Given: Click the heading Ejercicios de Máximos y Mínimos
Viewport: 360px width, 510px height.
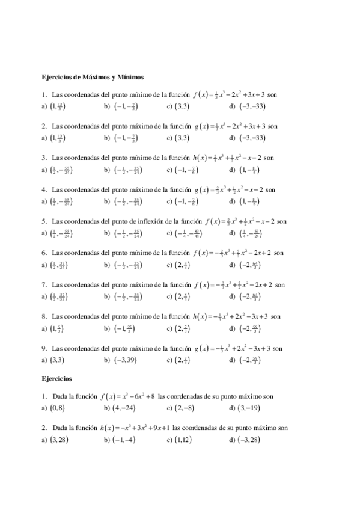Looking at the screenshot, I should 92,77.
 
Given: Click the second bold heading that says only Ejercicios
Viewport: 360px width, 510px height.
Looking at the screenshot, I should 56,379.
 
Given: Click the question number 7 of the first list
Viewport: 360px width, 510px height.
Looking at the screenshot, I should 44,284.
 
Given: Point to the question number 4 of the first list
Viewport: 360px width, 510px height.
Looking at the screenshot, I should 44,189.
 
